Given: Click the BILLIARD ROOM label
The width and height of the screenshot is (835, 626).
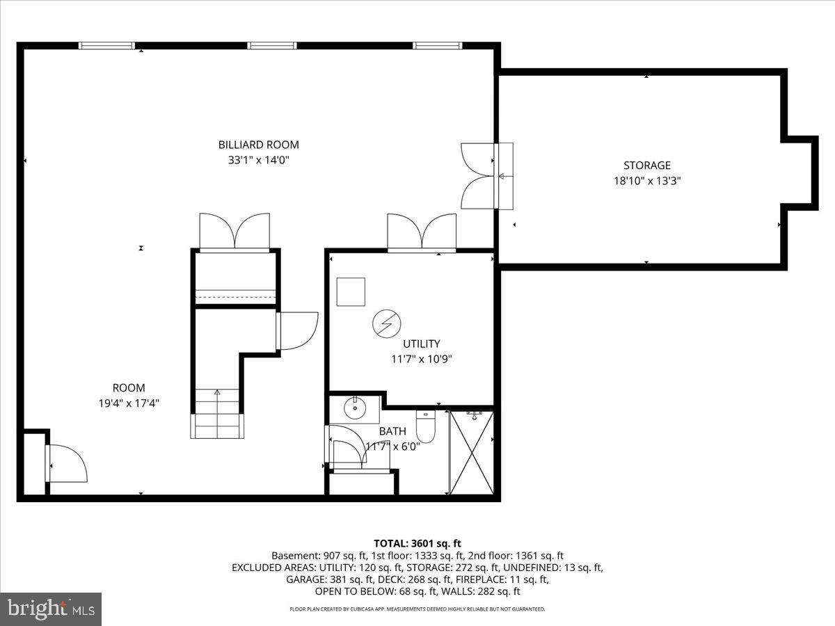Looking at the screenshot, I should tap(258, 145).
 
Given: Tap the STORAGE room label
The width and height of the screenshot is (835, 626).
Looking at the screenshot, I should tap(646, 166).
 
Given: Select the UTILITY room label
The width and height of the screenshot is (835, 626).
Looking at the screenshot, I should tap(421, 344).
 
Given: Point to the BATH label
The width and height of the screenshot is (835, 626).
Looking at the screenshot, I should tap(392, 432).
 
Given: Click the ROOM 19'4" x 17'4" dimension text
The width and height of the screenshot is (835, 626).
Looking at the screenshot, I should tap(129, 403).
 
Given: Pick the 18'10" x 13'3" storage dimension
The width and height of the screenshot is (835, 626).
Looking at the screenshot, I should tap(646, 181).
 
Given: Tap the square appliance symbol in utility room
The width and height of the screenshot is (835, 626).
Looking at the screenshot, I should tap(351, 292).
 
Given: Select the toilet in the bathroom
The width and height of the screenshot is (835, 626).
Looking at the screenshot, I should tap(425, 426).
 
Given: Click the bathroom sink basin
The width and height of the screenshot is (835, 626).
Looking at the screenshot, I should tap(356, 408).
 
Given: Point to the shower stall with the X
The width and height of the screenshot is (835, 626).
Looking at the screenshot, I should tap(472, 453).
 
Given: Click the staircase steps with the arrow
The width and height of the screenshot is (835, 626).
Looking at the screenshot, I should tap(217, 413).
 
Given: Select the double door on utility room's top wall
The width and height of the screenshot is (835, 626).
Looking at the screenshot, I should tap(422, 232).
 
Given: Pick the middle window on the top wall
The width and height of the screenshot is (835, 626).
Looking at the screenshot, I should tap(272, 46).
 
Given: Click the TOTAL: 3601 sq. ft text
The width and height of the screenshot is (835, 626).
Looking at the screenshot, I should tap(417, 543).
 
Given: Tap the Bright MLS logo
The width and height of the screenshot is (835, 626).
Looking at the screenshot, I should tap(51, 609).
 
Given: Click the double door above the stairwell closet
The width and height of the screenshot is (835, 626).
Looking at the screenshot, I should tap(234, 232).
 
